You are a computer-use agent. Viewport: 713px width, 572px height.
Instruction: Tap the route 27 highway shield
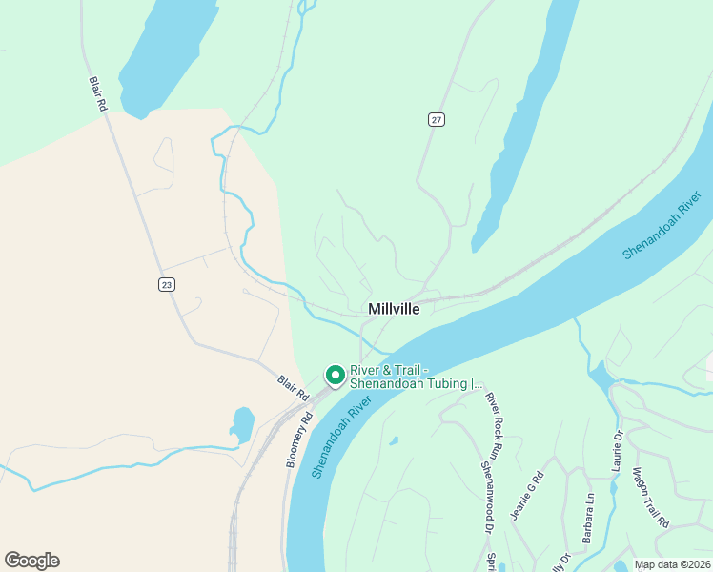437,119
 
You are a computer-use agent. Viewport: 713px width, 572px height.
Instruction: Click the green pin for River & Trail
335,376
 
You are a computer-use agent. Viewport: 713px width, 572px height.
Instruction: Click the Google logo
31,561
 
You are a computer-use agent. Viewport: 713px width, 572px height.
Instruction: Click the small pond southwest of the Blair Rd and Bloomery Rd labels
241,423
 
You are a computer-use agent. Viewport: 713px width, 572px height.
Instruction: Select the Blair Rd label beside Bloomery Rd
294,386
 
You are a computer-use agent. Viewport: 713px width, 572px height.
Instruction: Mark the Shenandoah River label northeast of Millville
662,225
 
